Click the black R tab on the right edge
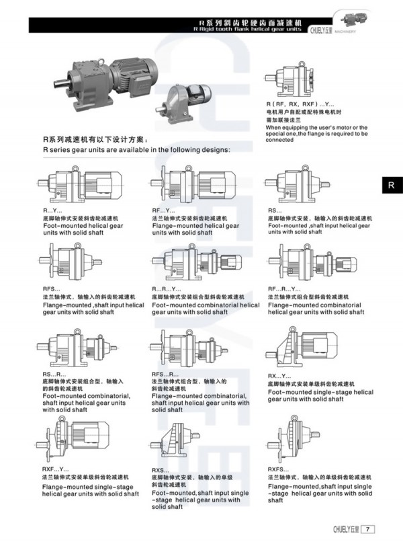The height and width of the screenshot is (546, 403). coord(390,186)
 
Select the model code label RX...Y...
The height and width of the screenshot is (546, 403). coord(278,375)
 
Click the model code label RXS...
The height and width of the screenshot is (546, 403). coord(161,469)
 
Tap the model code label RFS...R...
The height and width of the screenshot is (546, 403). coord(165,373)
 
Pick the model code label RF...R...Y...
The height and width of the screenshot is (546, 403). coord(285,288)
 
